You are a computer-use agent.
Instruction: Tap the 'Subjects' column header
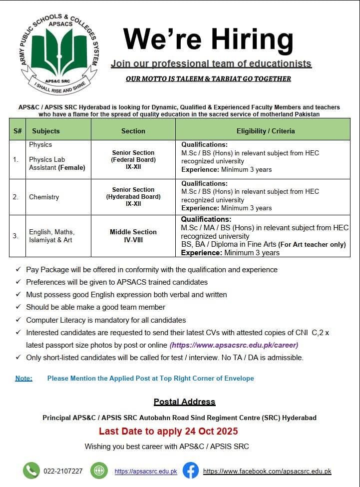click(46, 131)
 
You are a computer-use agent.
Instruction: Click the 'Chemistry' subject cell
click(44, 197)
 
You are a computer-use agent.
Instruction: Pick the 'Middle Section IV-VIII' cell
click(133, 235)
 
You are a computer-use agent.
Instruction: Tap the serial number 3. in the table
click(16, 235)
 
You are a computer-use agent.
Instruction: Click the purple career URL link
click(234, 345)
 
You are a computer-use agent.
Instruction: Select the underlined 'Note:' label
click(23, 378)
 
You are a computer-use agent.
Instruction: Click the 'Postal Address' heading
click(184, 402)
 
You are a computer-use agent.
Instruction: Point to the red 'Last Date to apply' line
click(168, 431)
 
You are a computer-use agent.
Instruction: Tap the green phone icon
click(31, 471)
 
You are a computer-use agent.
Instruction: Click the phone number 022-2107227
click(63, 471)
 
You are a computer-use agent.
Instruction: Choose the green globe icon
click(99, 471)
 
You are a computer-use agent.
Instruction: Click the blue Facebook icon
click(190, 471)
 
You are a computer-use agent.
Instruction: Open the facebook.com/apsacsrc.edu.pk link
click(267, 471)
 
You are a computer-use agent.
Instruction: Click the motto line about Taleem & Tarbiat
click(208, 78)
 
